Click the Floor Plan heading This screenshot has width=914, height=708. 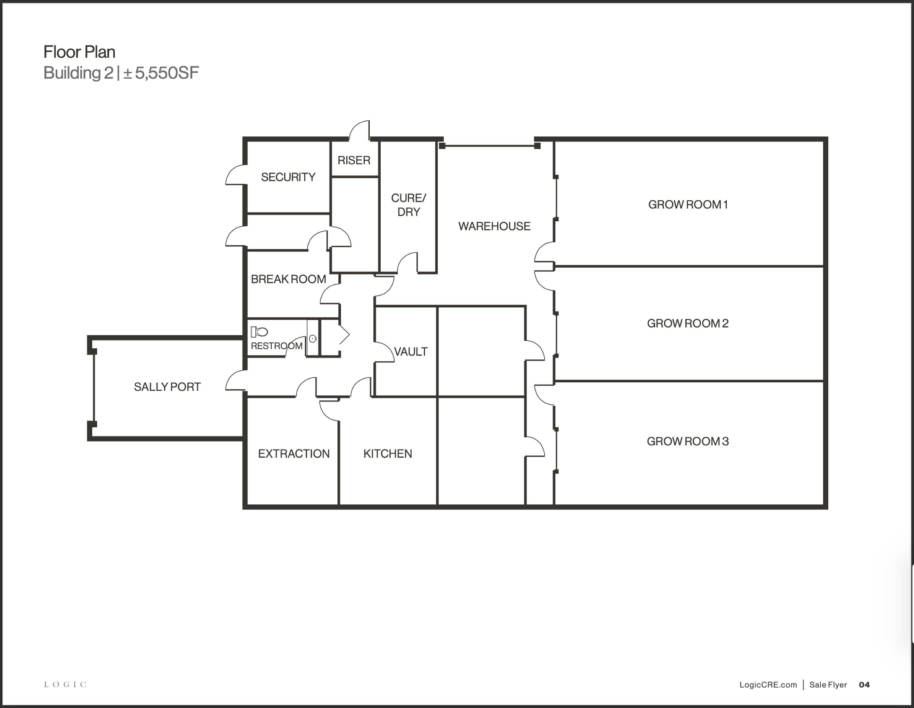point(80,52)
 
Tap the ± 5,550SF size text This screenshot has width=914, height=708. point(161,73)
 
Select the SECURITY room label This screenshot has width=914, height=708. point(288,177)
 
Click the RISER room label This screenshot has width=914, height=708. point(354,160)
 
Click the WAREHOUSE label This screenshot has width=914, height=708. point(494,226)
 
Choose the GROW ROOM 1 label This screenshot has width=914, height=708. point(688,205)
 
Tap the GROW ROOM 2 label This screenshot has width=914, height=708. point(688,324)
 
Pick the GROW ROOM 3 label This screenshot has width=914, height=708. point(688,441)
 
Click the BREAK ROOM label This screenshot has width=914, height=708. point(288,279)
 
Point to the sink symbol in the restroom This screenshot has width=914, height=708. point(313,338)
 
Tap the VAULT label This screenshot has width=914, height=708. point(411,352)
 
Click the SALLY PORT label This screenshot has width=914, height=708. point(168,387)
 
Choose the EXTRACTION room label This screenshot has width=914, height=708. point(294,453)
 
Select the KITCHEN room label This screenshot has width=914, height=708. point(387,453)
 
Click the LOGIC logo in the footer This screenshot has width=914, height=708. point(65,685)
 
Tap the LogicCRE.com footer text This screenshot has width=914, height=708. point(768,685)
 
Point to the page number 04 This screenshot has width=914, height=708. point(864,685)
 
